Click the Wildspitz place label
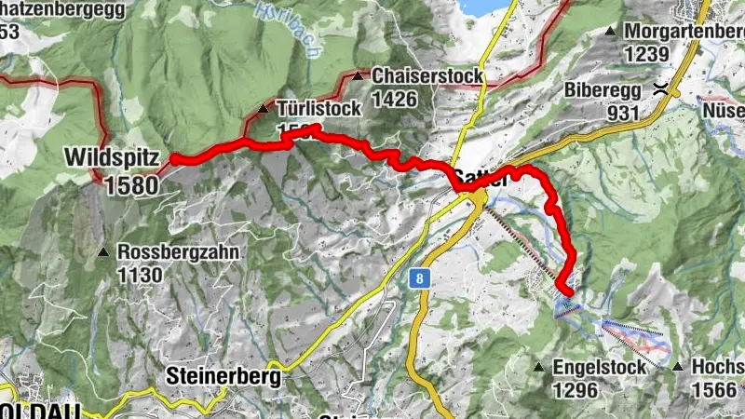tap(111, 157)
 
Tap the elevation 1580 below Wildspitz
tap(131, 184)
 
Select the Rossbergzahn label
tap(179, 252)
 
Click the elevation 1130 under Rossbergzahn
tap(140, 275)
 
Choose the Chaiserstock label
tap(427, 75)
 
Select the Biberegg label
tap(603, 91)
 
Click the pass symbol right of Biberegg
tap(659, 90)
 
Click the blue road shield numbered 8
tap(421, 277)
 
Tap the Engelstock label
tap(599, 368)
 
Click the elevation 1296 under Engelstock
tap(575, 390)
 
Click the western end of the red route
tap(174, 159)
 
